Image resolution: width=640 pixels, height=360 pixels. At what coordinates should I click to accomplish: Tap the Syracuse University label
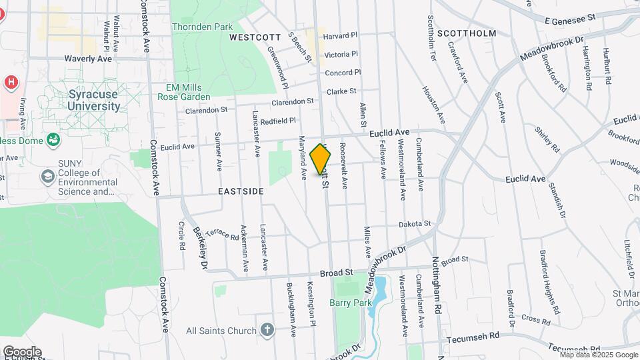[x=95, y=101]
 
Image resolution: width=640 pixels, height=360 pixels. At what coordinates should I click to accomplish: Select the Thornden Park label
[x=202, y=27]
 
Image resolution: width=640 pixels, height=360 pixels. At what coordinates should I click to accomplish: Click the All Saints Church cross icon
[x=267, y=330]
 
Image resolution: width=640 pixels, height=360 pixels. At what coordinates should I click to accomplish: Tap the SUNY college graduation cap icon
[x=48, y=176]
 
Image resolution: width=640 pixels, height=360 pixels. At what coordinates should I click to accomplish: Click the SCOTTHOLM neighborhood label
[x=471, y=33]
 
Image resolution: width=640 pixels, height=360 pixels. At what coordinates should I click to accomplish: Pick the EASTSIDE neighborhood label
[x=241, y=191]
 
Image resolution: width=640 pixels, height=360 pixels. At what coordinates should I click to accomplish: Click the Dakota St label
[x=415, y=224]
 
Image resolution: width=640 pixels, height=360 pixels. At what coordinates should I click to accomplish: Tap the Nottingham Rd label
[x=437, y=285]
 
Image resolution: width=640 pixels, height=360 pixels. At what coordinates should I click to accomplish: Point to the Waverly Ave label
[x=88, y=59]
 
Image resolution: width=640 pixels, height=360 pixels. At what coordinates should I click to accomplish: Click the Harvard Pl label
[x=341, y=35]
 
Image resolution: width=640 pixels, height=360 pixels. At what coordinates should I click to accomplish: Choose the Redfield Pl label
[x=278, y=121]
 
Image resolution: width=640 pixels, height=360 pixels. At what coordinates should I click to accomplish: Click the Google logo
[x=22, y=351]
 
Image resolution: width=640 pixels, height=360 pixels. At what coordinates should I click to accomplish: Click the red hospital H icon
[x=11, y=82]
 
